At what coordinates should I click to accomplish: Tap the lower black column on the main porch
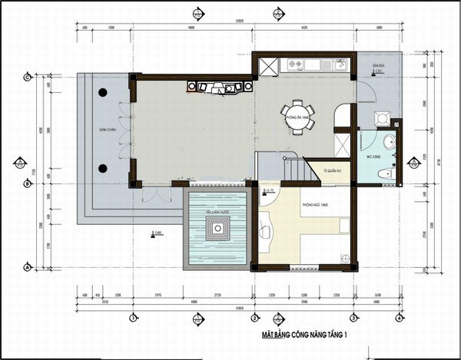click(x=101, y=168)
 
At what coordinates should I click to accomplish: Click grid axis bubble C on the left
click(x=27, y=77)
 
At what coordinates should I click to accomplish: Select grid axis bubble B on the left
click(x=27, y=183)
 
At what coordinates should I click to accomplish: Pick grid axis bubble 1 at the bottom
click(x=133, y=317)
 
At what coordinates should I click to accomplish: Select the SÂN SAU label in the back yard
click(x=377, y=67)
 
